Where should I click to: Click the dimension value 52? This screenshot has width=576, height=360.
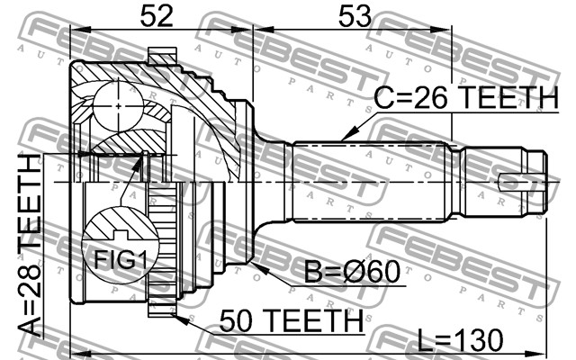(157, 16)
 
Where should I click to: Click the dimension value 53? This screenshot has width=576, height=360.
(355, 16)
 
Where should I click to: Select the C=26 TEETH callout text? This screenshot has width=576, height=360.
(466, 98)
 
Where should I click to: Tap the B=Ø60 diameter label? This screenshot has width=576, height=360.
(352, 272)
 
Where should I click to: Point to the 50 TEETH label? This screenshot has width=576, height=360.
(291, 320)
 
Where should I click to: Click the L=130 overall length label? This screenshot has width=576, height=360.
(461, 339)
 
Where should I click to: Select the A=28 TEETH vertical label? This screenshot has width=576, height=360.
(30, 246)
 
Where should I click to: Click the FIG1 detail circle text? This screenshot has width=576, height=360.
(120, 260)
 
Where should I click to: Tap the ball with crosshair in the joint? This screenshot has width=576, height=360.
(118, 106)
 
